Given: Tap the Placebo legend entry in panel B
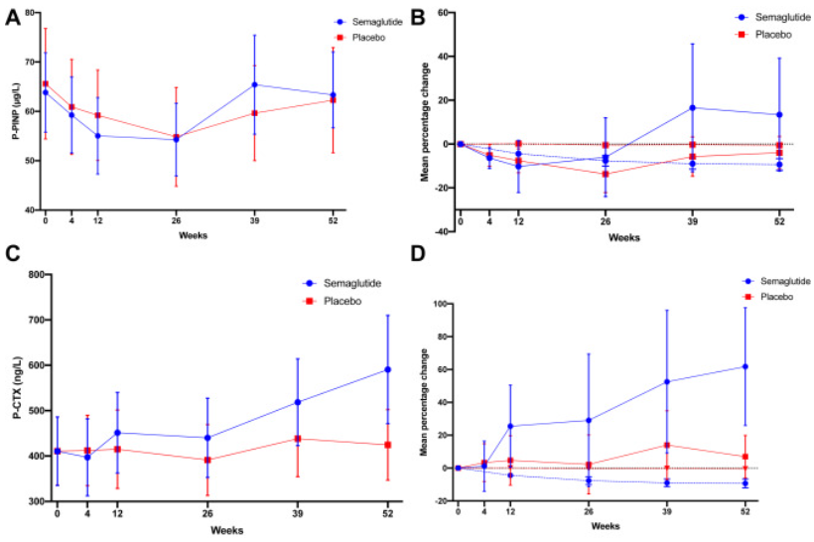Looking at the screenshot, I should pos(764,34).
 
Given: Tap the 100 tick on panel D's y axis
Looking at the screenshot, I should pos(438,304).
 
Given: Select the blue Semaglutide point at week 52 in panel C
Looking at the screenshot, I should pos(387,369).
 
